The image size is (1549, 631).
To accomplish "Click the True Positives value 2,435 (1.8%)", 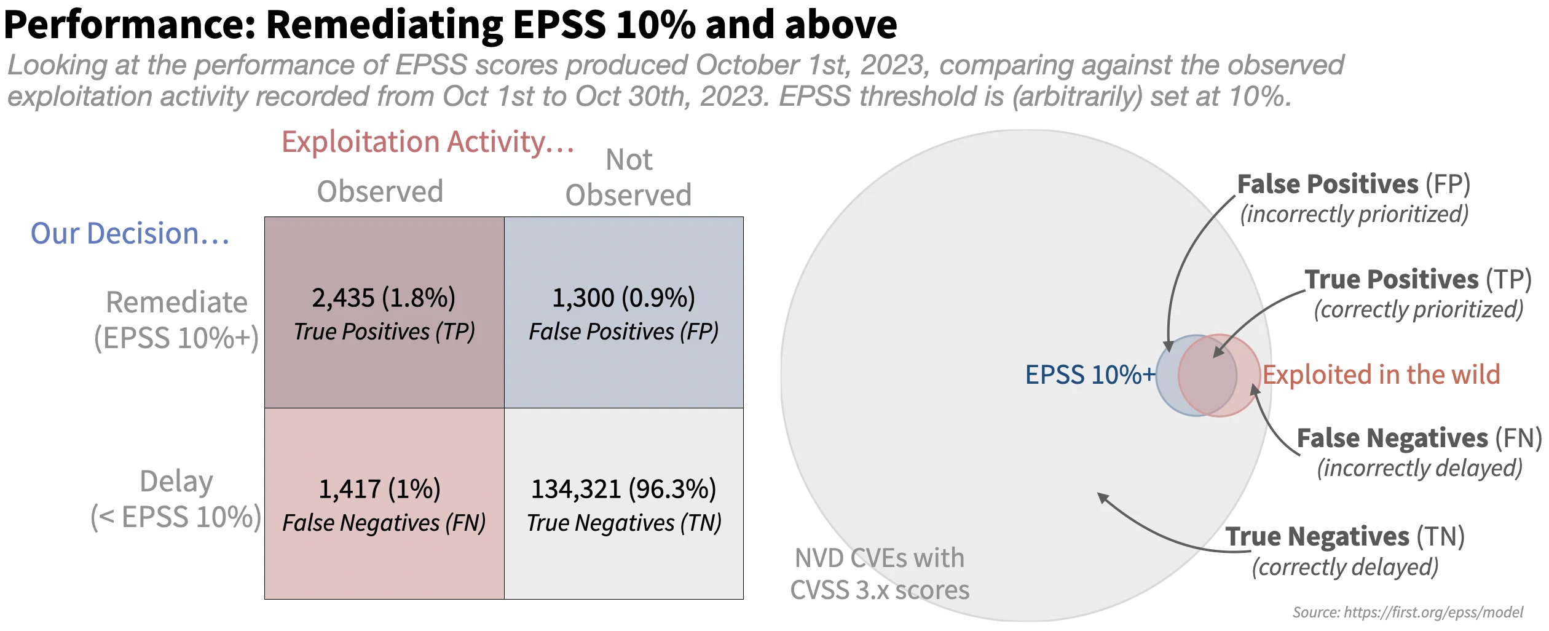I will [x=384, y=298].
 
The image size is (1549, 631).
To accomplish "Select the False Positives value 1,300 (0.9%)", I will [x=623, y=298].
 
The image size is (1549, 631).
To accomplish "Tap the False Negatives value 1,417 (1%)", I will [x=379, y=490].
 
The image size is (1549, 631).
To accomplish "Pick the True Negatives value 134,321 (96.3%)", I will [x=623, y=490].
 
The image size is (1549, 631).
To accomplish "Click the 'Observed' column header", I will [x=380, y=192].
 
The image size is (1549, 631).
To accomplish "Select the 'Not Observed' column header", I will [x=628, y=178].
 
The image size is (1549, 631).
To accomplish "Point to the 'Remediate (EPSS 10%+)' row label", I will [x=176, y=320].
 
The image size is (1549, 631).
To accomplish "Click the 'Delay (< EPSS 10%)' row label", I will [x=176, y=499].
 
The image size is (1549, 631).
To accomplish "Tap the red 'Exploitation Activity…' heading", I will [x=428, y=142].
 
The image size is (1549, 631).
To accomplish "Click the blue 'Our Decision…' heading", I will [x=130, y=234].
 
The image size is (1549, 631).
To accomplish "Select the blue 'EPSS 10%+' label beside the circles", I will [x=1090, y=375].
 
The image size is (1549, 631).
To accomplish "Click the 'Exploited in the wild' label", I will [x=1381, y=375].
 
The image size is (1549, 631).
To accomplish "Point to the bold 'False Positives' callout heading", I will [x=1328, y=185].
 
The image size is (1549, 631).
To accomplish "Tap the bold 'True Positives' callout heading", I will [x=1392, y=280].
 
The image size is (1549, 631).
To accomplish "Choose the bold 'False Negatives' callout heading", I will [x=1392, y=439].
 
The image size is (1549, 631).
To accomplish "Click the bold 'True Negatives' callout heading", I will [x=1317, y=537].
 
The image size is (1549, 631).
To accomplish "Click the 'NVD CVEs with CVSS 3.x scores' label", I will [x=880, y=574].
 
